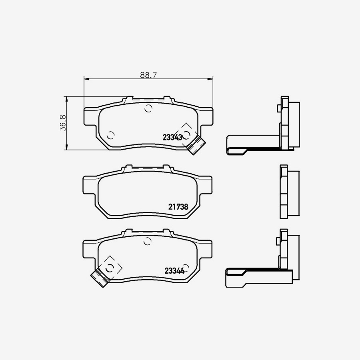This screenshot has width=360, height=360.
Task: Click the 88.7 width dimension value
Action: [148, 75]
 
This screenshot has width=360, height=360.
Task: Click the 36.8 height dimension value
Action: [63, 123]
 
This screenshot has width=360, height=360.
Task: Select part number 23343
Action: [172, 137]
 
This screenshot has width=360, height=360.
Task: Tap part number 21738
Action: [178, 207]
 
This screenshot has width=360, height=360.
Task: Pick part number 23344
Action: [174, 271]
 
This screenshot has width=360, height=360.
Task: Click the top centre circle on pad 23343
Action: [148, 108]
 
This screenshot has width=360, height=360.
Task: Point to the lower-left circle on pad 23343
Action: [111, 136]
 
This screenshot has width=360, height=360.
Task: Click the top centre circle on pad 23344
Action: [147, 241]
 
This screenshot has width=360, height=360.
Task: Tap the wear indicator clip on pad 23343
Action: [196, 145]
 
